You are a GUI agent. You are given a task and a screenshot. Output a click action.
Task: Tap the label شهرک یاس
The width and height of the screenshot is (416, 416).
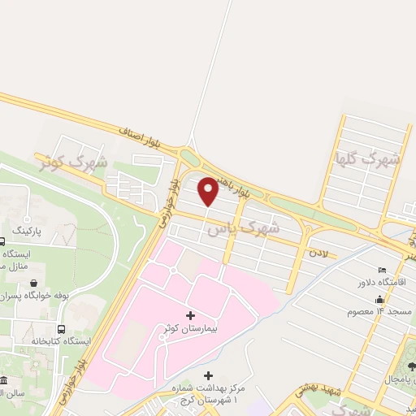pyautogui.click(x=243, y=227)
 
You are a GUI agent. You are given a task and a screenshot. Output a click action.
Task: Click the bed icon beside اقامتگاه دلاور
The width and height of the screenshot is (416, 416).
pyautogui.click(x=382, y=271)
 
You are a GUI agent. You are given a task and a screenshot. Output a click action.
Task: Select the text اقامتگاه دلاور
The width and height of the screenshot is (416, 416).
pyautogui.click(x=387, y=284)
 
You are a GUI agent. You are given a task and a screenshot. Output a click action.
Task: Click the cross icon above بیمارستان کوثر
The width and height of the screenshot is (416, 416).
pyautogui.click(x=191, y=314)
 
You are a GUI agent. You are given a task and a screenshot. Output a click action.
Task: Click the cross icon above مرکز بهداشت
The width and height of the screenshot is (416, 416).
pyautogui.click(x=209, y=375)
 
